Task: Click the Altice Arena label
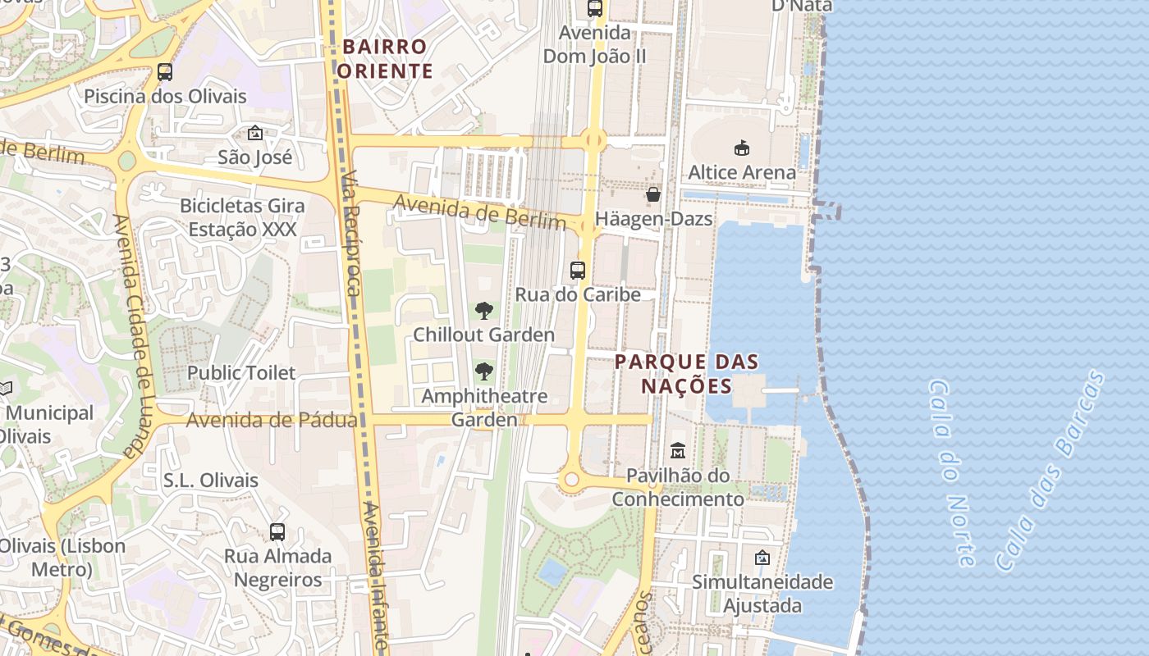coord(741,172)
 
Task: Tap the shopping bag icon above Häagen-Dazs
coord(653,194)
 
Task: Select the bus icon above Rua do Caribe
coord(578,270)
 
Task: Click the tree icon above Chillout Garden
coord(484,311)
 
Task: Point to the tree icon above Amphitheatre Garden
coord(484,371)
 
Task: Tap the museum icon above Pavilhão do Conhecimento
coord(678,450)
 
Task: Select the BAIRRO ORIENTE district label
coord(385,58)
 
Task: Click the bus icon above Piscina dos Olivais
coord(165,71)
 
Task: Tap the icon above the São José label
coord(255,133)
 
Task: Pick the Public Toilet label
coord(241,372)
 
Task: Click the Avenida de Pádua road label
coord(272,421)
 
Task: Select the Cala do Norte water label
coord(953,472)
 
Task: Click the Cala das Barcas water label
coord(1050,471)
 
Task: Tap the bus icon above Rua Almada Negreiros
coord(277,532)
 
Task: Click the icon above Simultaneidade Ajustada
coord(762,558)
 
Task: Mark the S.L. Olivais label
coord(210,481)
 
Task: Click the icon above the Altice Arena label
coord(742,148)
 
